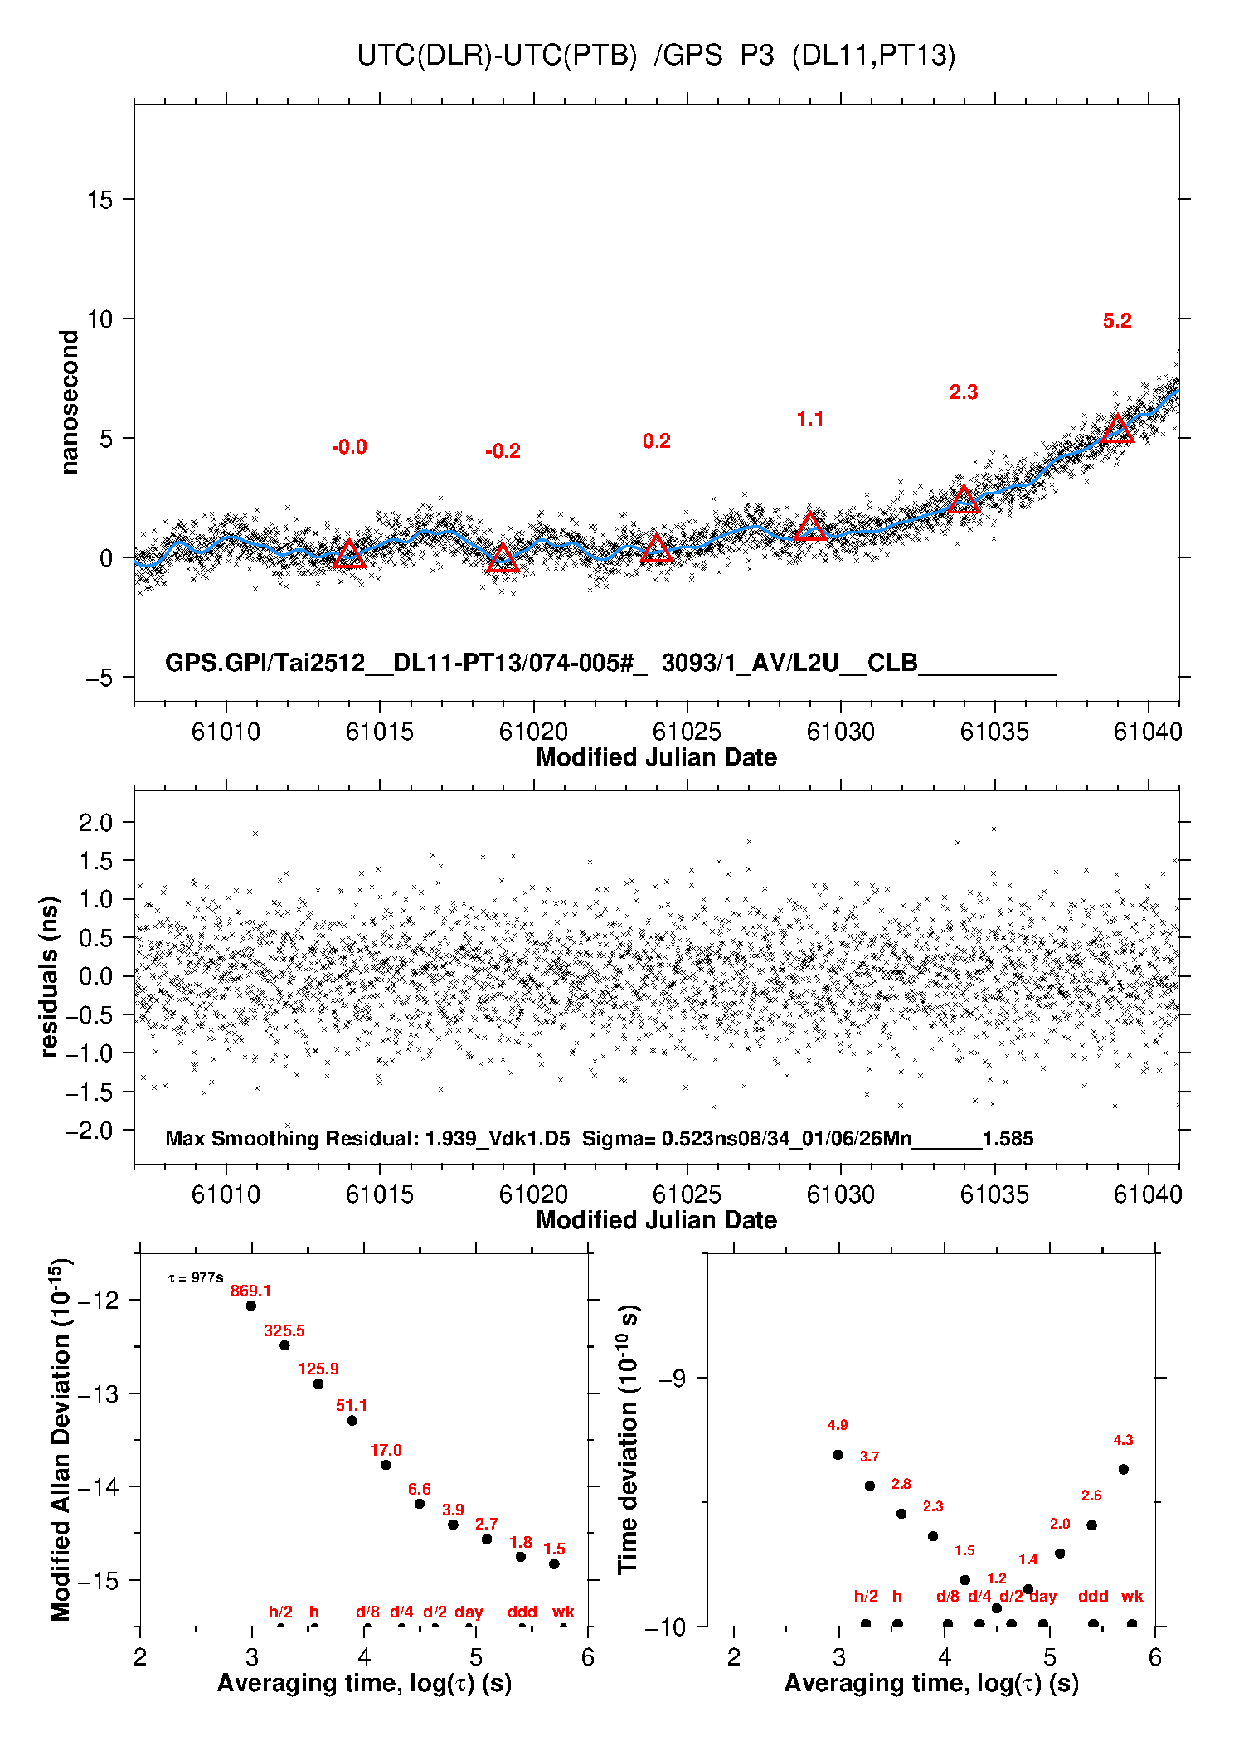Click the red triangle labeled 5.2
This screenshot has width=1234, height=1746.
point(1117,429)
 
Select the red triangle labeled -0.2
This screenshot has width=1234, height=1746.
point(503,559)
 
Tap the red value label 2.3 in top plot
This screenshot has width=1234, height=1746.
point(964,392)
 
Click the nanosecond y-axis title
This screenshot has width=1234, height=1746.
point(70,402)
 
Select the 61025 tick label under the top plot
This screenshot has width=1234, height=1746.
point(687,732)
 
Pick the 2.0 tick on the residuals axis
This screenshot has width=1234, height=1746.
point(95,823)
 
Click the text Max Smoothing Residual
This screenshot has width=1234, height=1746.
point(290,1138)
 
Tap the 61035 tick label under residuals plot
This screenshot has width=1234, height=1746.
point(994,1194)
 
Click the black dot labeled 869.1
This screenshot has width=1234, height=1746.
point(251,1306)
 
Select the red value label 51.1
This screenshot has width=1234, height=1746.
point(352,1405)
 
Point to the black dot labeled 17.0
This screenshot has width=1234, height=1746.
point(386,1465)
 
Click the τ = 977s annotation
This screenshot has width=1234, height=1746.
point(196,1278)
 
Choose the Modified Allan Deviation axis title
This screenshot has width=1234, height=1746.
point(61,1439)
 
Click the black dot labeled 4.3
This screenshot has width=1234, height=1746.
point(1124,1469)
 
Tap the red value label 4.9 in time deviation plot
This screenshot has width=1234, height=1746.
point(838,1425)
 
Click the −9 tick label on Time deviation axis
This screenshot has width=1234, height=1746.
point(672,1379)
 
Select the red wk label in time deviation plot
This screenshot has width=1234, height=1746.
point(1132,1596)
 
